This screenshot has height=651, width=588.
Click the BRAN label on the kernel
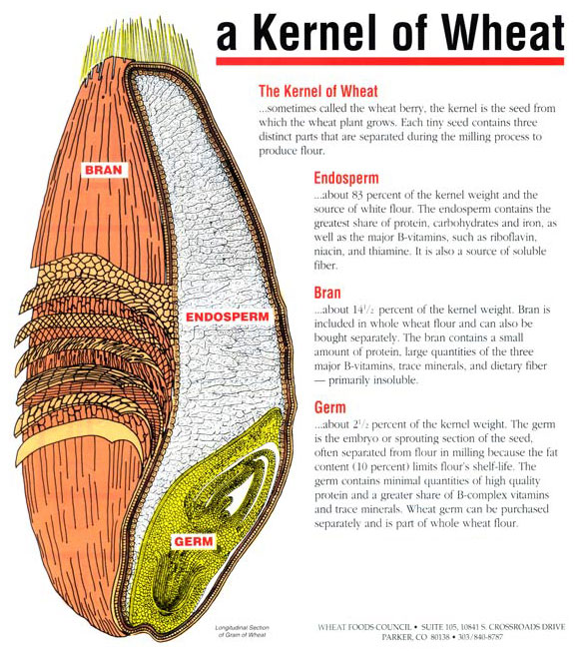[x=104, y=170]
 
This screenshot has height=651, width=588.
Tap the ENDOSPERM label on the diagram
[x=228, y=318]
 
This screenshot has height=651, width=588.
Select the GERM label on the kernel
[x=193, y=541]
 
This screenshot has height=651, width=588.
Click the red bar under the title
[x=390, y=62]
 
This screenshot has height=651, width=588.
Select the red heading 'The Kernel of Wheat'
[x=318, y=91]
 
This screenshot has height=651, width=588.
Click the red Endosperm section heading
[x=346, y=178]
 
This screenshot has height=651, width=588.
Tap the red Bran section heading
[x=327, y=293]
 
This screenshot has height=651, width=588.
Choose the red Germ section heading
[x=329, y=407]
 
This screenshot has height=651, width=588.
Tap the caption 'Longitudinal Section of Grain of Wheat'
[x=243, y=631]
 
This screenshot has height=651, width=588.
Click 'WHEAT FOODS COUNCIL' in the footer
[x=364, y=626]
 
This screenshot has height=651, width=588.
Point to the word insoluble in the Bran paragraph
[x=394, y=380]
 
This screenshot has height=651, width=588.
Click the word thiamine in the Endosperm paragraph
[x=388, y=252]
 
